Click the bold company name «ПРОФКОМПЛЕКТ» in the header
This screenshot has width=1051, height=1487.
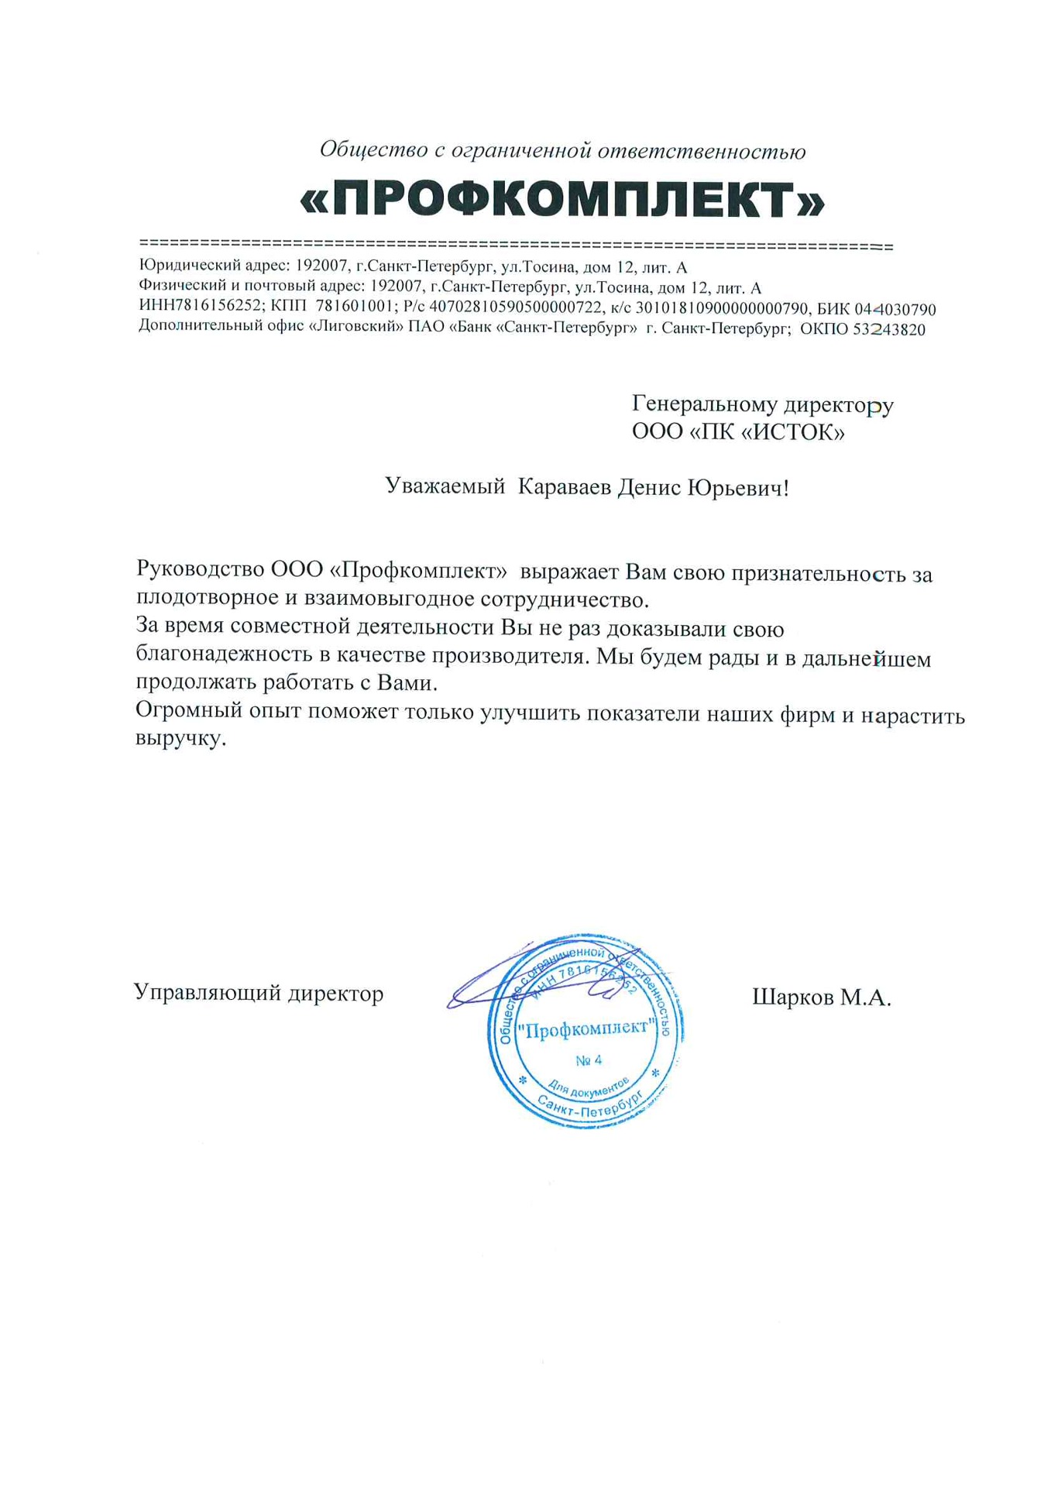coord(562,200)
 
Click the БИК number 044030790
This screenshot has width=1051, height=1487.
coord(895,310)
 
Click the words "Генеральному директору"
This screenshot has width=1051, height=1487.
coord(762,404)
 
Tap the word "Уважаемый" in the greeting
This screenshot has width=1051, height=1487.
coord(445,487)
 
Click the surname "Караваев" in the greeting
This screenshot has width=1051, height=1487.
coord(564,487)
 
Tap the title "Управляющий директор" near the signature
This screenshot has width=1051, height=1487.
coord(259,993)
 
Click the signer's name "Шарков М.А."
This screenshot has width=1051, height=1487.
coord(822,998)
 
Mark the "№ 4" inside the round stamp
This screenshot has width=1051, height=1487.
coord(589,1060)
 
